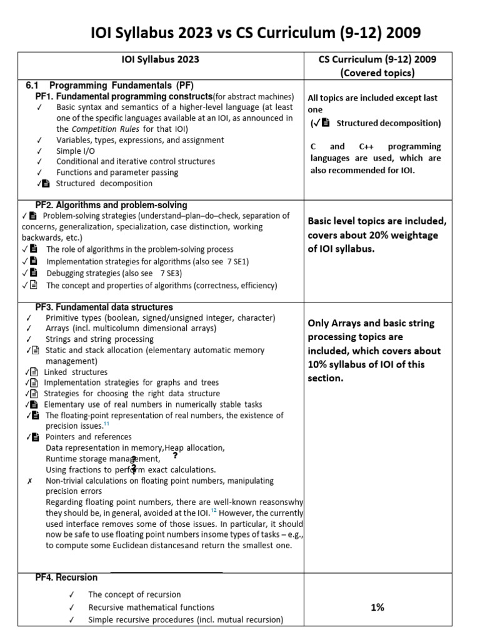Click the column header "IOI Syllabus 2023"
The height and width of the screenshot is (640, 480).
160,59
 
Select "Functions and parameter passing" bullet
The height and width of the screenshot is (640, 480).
117,172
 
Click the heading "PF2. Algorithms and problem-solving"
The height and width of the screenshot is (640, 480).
111,205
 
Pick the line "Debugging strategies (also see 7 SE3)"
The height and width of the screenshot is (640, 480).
117,273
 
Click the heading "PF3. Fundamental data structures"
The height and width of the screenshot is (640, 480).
104,307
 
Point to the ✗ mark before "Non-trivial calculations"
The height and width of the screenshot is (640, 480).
29,481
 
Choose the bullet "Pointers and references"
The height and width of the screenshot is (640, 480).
88,436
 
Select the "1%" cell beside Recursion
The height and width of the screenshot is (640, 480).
377,607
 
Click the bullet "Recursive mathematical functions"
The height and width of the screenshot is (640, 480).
151,607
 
